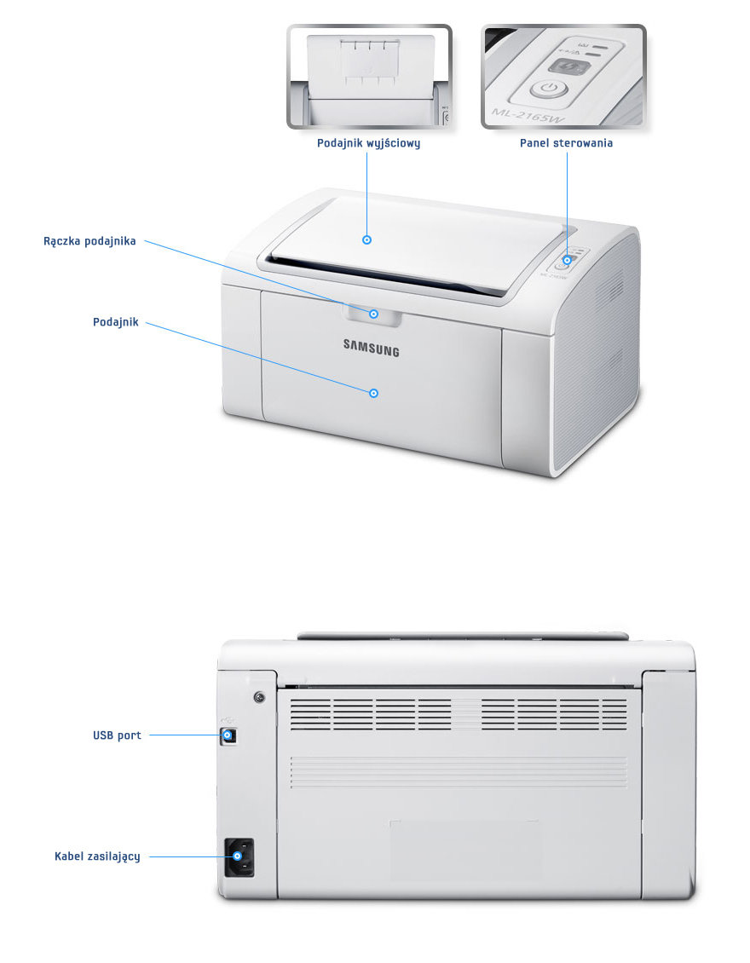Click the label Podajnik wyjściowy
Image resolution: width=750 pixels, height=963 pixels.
point(368,143)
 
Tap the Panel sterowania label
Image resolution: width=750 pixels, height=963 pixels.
point(566,143)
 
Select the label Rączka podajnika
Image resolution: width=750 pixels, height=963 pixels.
point(89,241)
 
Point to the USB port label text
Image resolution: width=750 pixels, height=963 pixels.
point(117,735)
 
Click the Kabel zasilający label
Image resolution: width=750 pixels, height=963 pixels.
point(97,856)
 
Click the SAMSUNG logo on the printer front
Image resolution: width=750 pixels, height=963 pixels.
point(371,347)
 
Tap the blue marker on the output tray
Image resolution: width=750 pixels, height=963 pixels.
point(367,240)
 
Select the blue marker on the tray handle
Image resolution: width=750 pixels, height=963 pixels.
point(374,314)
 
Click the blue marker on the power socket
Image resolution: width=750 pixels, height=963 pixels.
point(238,856)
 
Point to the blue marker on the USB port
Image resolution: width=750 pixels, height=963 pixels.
point(228,734)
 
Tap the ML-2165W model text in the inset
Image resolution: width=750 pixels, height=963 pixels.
point(522,112)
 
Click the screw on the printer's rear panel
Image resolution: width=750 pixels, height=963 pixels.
point(259,698)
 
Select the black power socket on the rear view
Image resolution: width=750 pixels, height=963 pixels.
point(239,857)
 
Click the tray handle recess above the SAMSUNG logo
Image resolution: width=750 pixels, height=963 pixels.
point(373,314)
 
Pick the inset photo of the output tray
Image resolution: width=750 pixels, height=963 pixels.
point(369,77)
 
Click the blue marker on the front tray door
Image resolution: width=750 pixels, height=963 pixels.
point(373,392)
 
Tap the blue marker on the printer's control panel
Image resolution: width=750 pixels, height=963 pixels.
point(567,260)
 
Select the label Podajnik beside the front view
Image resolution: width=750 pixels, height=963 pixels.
point(115,322)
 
